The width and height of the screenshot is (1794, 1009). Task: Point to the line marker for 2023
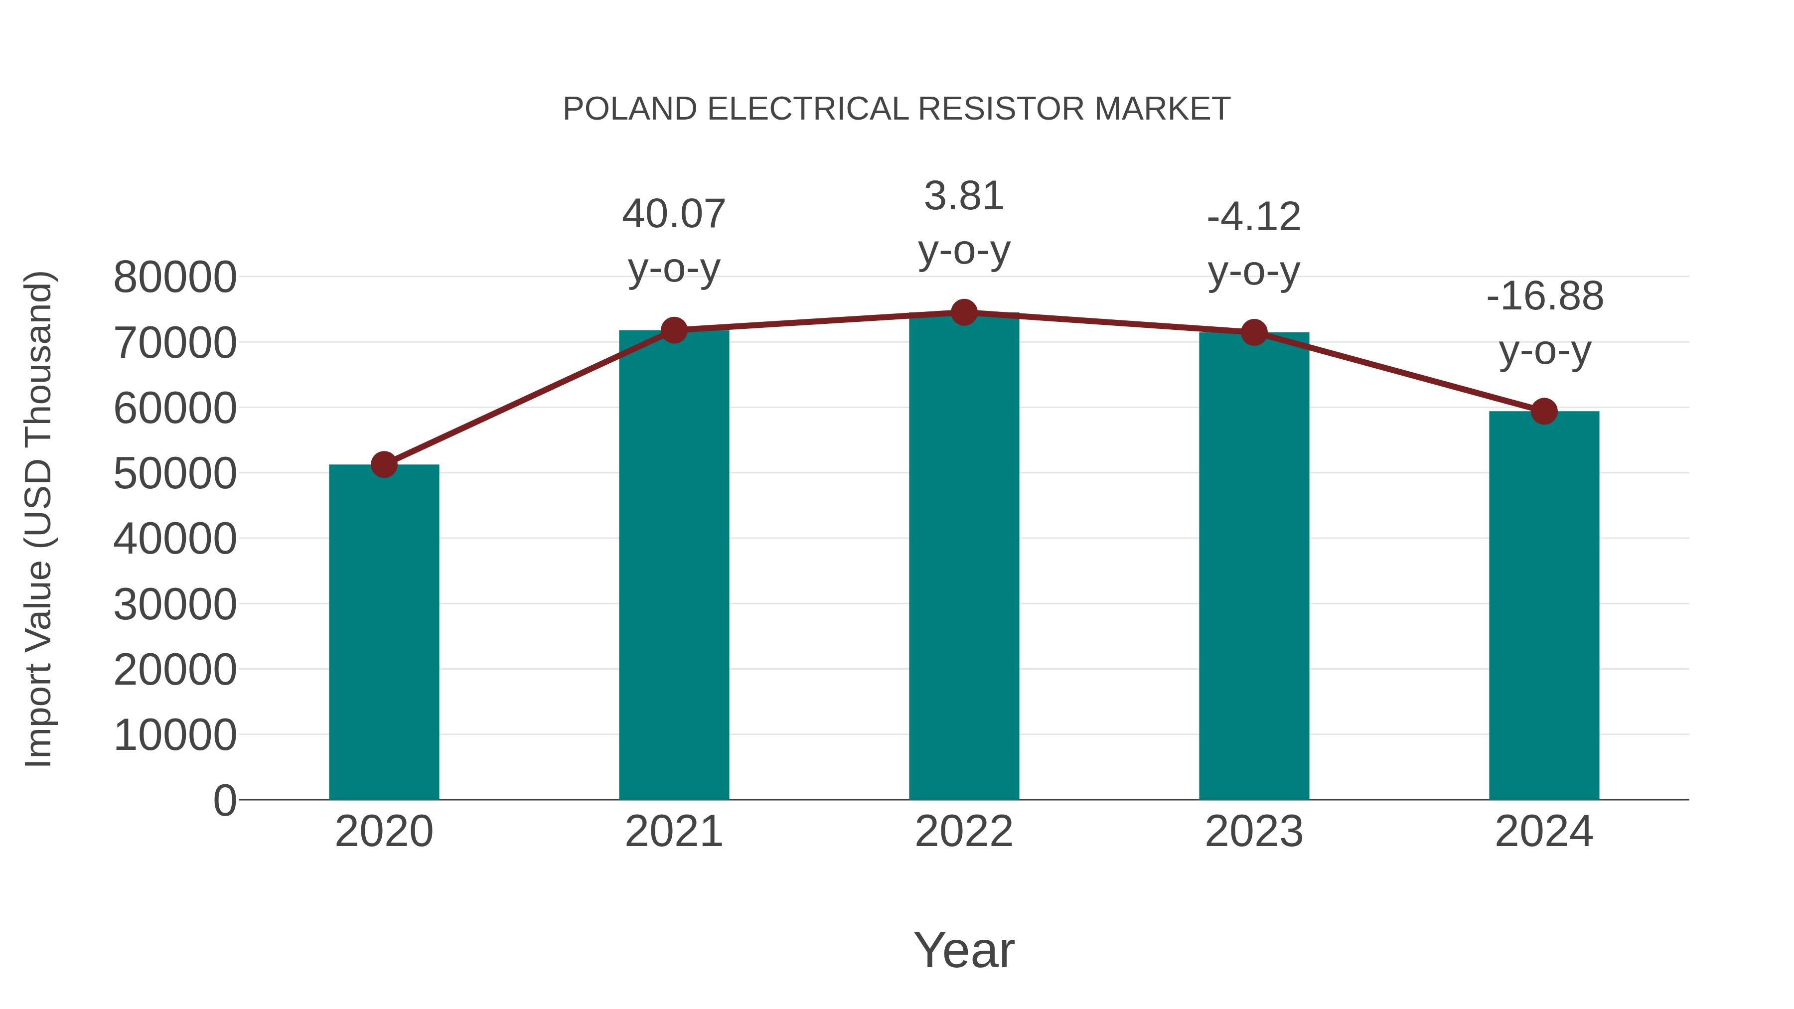(1254, 333)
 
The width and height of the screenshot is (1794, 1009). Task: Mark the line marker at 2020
(384, 464)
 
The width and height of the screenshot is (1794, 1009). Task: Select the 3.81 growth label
(964, 196)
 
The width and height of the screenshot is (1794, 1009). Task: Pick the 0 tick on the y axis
(224, 800)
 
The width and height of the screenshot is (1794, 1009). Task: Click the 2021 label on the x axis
(673, 832)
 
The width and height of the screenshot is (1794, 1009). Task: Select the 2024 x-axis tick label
(1544, 832)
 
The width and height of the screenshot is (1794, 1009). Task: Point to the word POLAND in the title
(629, 109)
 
